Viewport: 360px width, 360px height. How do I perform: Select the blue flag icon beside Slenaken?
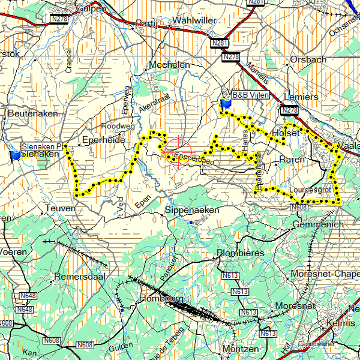pos(15,155)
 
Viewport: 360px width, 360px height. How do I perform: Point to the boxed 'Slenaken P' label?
pos(42,146)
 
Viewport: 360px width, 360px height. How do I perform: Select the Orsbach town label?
pos(308,59)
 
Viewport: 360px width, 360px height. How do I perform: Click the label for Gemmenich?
pos(318,224)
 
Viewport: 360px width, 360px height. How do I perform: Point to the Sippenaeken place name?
pos(192,211)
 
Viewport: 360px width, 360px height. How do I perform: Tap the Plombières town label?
pos(240,253)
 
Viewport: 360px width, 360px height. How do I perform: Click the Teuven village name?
pos(61,208)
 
